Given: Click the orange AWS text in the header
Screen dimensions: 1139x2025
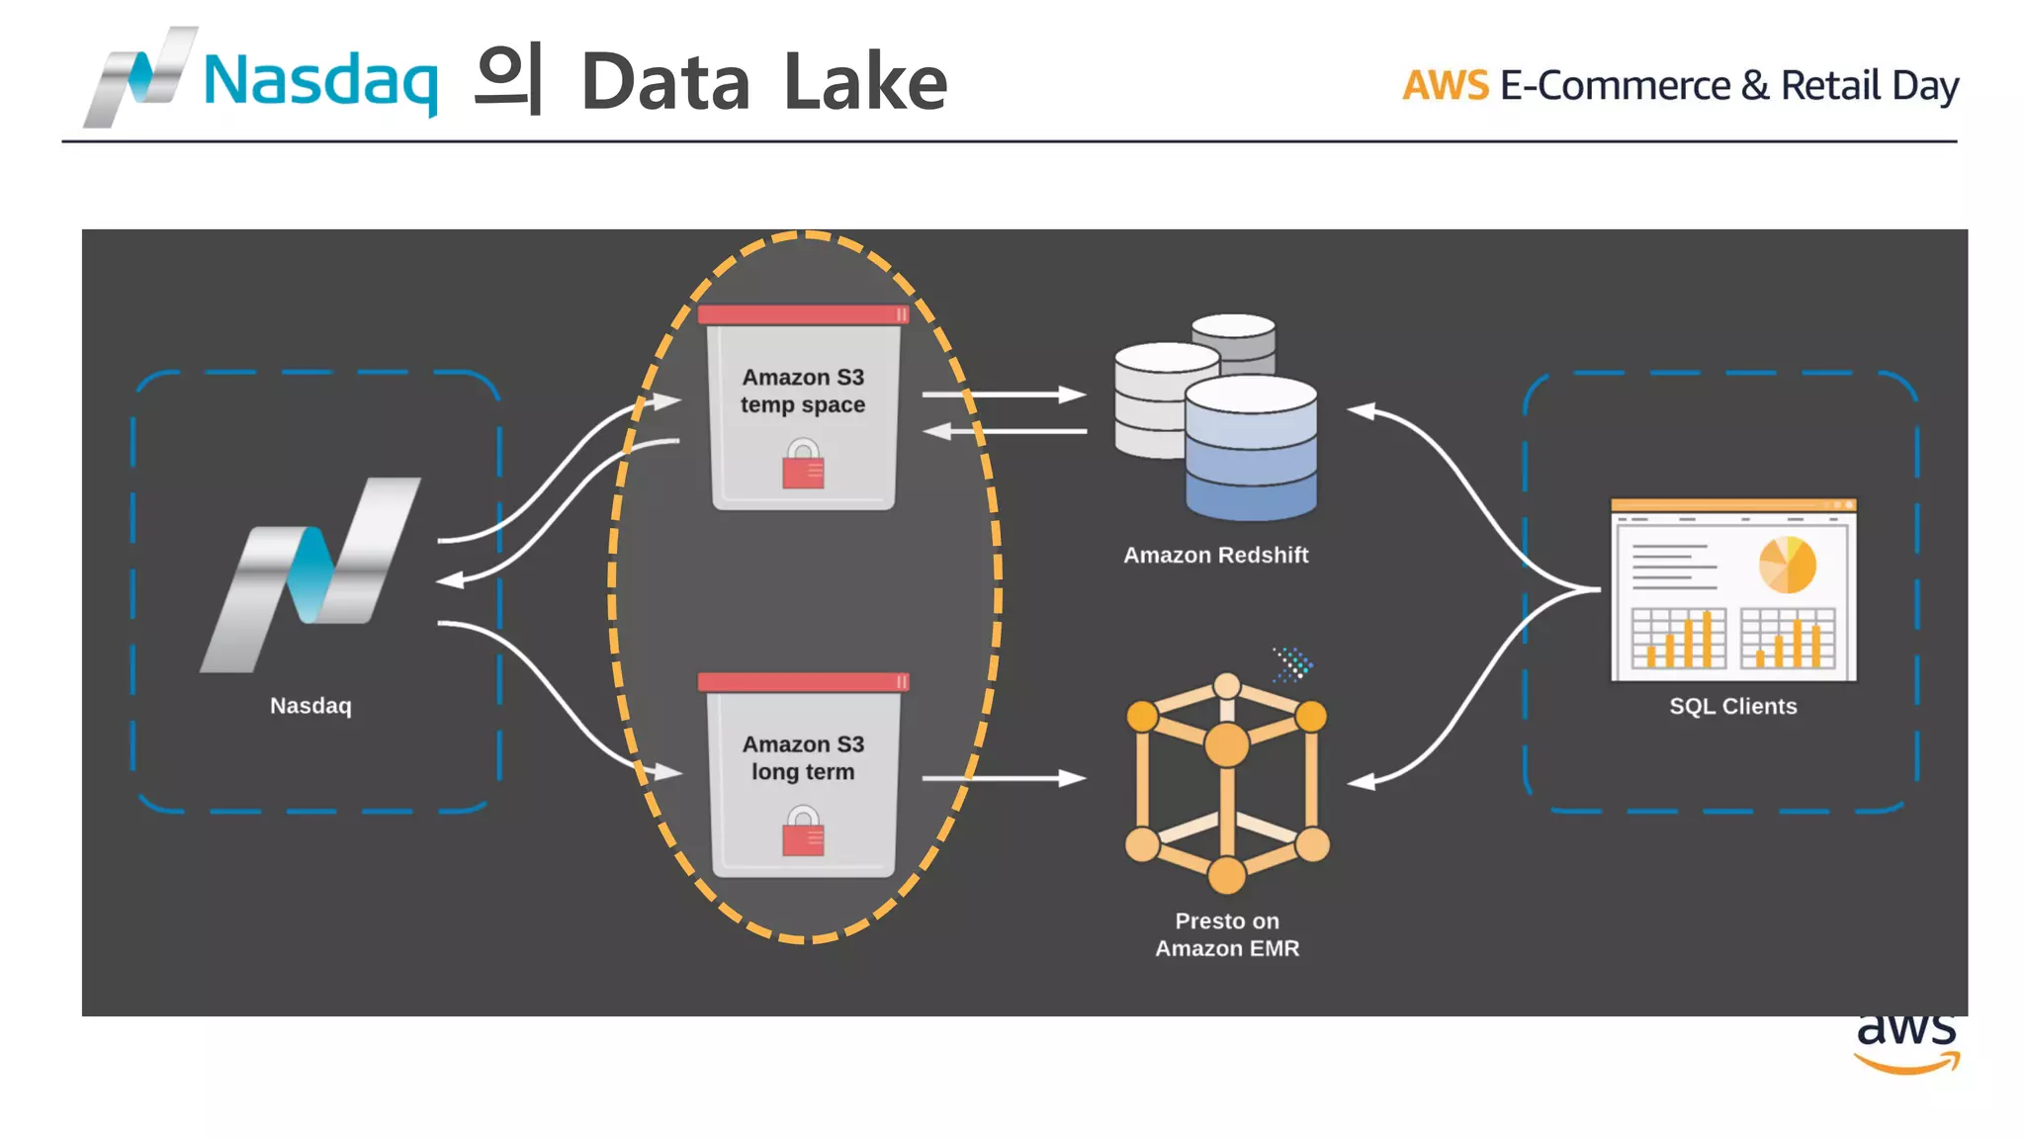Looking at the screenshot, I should click(1445, 86).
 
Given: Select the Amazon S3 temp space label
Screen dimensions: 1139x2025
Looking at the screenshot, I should click(803, 392).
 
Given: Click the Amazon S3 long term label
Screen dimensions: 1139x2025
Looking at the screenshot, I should click(803, 758).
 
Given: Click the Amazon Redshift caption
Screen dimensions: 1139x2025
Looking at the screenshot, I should click(1215, 556).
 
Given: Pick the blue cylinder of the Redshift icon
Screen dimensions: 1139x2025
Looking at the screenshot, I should click(1251, 455).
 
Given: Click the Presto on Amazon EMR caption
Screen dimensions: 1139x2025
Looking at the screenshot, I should click(1227, 934).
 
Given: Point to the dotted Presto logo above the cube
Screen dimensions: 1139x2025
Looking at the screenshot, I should click(1292, 664).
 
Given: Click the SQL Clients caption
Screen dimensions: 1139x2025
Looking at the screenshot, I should click(1732, 707).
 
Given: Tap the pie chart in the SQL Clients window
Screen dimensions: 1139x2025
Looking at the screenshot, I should click(1787, 565).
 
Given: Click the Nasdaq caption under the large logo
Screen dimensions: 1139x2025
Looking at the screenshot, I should click(310, 706).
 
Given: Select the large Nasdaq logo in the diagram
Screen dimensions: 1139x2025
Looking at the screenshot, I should click(311, 573).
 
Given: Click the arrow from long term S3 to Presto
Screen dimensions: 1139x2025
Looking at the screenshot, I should click(1004, 779).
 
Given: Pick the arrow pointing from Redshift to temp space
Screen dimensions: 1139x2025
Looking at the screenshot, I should click(1004, 431).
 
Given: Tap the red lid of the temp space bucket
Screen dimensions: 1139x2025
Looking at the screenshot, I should click(802, 314).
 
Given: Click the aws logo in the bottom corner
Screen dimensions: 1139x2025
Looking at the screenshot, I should click(1905, 1044).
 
